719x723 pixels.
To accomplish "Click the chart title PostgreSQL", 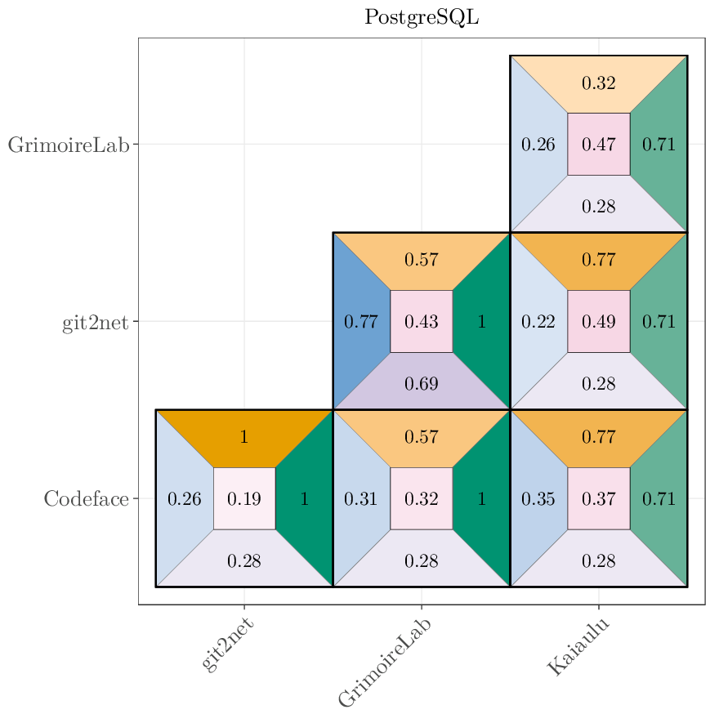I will click(422, 17).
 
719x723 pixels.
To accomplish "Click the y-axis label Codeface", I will click(86, 498).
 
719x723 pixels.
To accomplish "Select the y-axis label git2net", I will click(95, 322).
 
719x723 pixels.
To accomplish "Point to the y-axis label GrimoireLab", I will click(69, 145).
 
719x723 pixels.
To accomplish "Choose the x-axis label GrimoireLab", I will click(385, 662).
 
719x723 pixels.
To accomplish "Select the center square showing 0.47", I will click(598, 145).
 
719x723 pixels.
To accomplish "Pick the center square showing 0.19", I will click(244, 498).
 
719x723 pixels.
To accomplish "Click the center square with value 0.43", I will click(422, 322).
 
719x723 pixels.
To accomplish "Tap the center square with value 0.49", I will click(598, 322).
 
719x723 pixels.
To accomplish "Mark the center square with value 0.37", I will click(598, 498).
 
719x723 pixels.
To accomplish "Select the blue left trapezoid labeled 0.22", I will click(538, 322).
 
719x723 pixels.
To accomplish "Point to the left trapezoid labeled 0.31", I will click(360, 498).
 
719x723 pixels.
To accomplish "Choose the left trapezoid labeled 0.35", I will click(538, 498).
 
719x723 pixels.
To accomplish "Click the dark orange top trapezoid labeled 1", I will click(244, 437).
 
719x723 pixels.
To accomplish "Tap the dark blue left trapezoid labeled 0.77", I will click(360, 322).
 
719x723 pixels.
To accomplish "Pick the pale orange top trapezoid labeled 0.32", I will click(598, 83).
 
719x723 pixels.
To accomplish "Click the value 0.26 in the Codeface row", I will click(184, 498).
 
